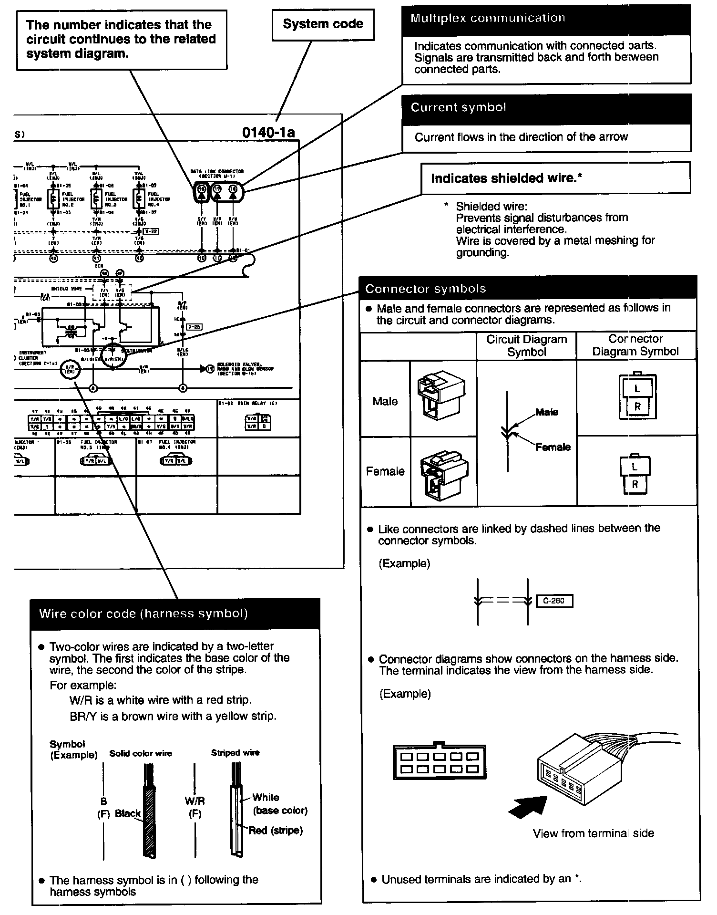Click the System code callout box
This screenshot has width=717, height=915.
click(x=323, y=25)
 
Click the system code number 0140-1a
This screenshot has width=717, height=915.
click(x=268, y=132)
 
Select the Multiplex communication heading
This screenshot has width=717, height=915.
click(x=488, y=19)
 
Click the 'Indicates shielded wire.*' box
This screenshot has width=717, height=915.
click(x=555, y=178)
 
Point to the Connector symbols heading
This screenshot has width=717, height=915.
click(x=425, y=289)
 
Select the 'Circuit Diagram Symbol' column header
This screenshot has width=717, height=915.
click(x=526, y=346)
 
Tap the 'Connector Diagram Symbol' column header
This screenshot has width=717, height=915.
click(x=635, y=345)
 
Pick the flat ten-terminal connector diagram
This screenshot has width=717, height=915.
click(x=439, y=762)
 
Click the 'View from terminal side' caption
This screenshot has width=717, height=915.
click(x=593, y=833)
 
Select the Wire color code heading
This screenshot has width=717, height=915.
click(x=143, y=614)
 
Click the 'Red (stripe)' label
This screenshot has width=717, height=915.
click(x=275, y=831)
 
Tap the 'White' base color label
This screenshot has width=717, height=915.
click(x=266, y=797)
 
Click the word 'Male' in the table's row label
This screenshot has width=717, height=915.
click(x=385, y=401)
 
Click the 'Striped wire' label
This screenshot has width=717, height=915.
click(x=235, y=753)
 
